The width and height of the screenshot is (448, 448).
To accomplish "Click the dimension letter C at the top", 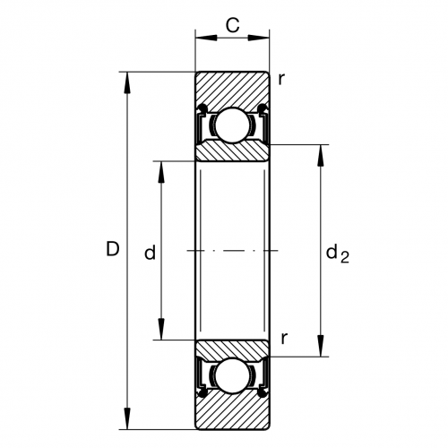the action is (232, 25).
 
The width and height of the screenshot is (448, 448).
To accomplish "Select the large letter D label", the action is (113, 249).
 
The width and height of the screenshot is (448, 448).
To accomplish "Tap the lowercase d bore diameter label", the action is (150, 253).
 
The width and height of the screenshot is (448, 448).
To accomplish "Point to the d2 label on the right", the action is (338, 254).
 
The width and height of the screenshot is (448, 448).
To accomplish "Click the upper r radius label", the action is (281, 79).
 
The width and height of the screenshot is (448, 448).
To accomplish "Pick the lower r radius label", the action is (284, 339).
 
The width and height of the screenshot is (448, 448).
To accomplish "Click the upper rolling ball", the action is (232, 125).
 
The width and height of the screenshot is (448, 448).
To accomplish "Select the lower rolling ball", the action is (232, 376).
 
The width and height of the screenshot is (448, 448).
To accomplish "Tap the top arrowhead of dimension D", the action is (127, 82).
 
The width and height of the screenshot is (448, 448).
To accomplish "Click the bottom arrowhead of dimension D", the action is (127, 418).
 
